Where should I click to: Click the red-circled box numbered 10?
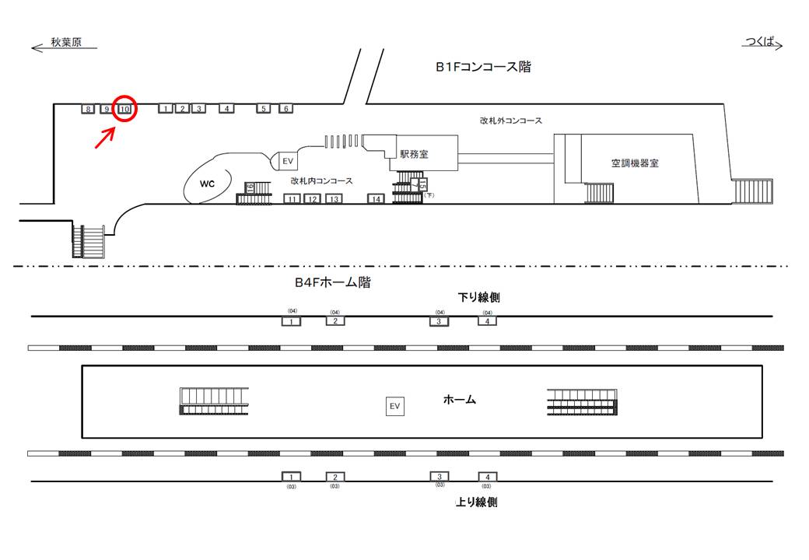tap(124, 109)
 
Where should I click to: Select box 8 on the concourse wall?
tap(88, 109)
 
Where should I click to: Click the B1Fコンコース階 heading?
tap(483, 67)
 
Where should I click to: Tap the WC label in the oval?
tap(207, 184)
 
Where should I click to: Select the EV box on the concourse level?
tap(287, 161)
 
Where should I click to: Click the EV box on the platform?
tap(394, 406)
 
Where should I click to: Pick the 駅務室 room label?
tap(413, 155)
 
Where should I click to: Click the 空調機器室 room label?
tap(635, 163)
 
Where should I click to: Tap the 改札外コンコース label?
tap(510, 121)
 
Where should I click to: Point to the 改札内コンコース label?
tap(321, 180)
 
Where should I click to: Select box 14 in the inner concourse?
tap(376, 199)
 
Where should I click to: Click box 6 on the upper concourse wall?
tap(285, 109)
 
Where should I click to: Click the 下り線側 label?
tap(477, 297)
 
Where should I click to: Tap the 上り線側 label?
tap(476, 502)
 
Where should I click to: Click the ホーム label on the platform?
tap(459, 400)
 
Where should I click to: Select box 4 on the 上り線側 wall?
tap(487, 476)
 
